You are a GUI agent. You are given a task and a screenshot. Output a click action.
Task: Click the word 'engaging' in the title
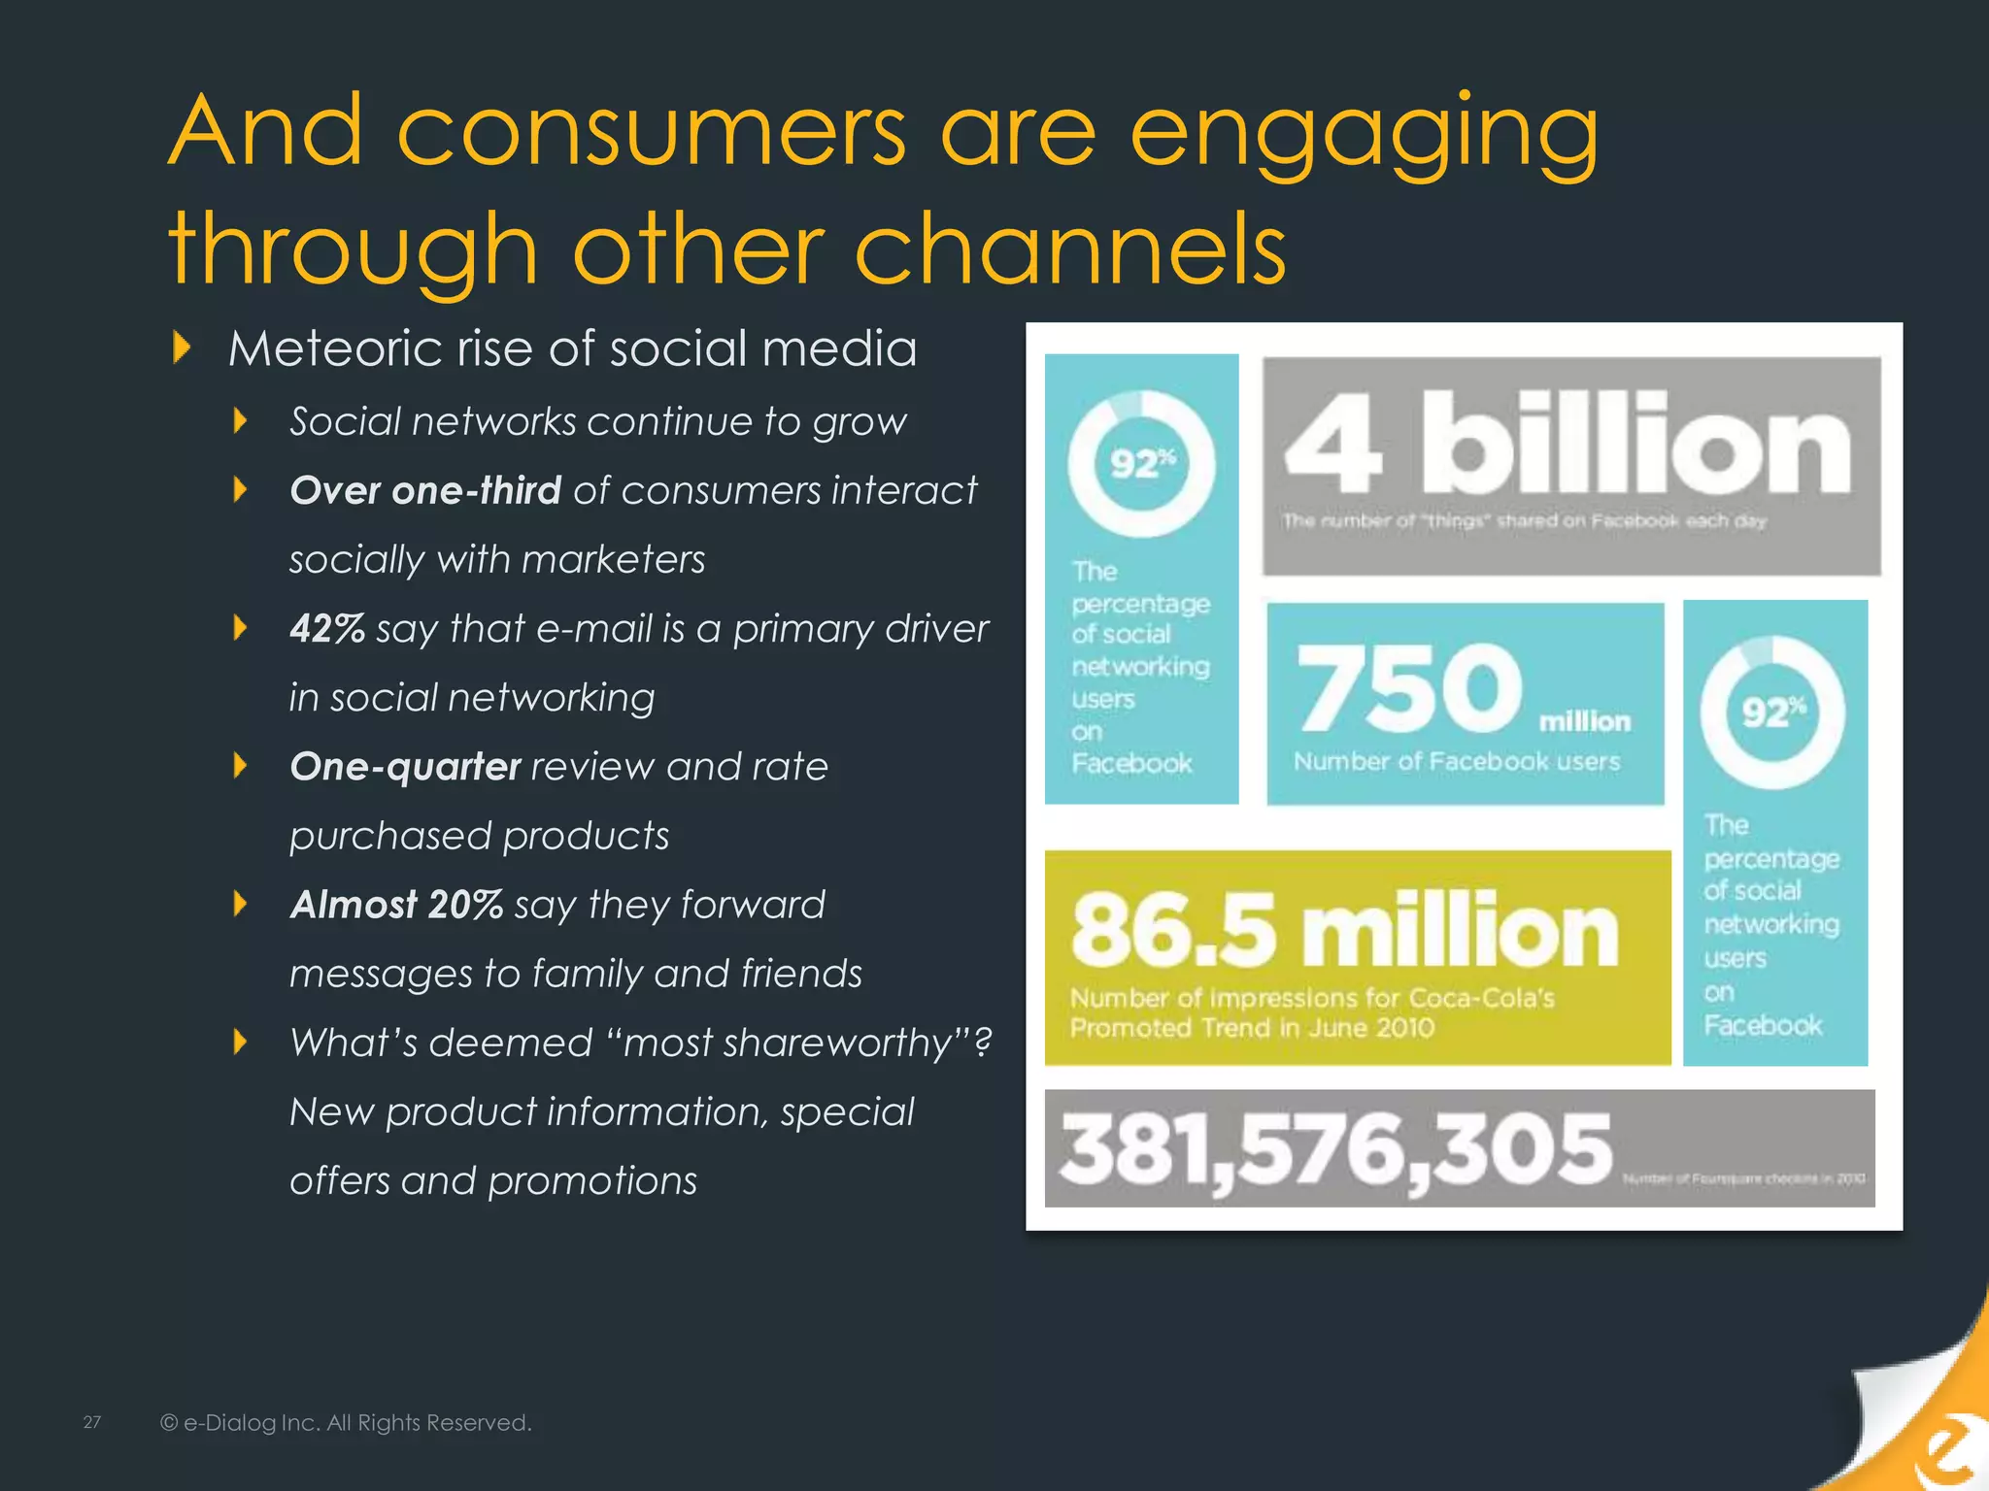[1364, 135]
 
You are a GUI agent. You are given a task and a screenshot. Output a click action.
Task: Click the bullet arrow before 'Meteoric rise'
[182, 347]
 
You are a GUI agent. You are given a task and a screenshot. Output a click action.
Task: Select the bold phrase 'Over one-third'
[425, 490]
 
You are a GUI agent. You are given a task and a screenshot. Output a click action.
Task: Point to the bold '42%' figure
[327, 628]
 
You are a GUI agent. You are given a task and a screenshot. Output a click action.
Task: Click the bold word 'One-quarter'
[405, 766]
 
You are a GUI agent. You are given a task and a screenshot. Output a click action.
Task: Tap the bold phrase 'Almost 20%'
[396, 904]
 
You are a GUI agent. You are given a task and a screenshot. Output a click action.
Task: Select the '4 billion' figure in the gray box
[1568, 446]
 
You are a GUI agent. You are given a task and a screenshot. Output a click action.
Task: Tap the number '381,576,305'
[1335, 1149]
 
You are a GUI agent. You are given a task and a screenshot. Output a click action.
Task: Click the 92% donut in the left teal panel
[1141, 464]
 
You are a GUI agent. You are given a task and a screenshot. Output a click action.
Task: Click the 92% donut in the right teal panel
[1772, 712]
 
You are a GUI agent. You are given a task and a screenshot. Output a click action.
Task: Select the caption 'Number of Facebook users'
[1456, 761]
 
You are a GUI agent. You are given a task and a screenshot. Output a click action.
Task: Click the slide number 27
[92, 1422]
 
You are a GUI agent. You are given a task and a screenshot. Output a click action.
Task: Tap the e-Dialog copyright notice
[346, 1422]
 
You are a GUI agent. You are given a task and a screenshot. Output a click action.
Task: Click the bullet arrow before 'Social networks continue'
[241, 420]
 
